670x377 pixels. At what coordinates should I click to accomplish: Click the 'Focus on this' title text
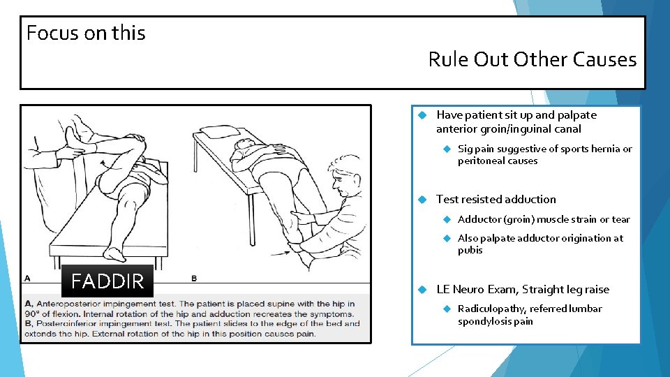pyautogui.click(x=86, y=33)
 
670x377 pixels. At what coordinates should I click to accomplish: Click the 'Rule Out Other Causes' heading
pyautogui.click(x=532, y=59)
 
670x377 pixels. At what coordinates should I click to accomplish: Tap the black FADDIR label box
pyautogui.click(x=107, y=281)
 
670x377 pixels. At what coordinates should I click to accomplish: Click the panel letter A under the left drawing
pyautogui.click(x=28, y=278)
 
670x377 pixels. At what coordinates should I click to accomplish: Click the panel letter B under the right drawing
pyautogui.click(x=195, y=278)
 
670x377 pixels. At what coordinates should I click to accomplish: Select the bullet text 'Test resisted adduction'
pyautogui.click(x=496, y=200)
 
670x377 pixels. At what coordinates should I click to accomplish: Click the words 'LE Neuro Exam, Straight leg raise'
pyautogui.click(x=522, y=290)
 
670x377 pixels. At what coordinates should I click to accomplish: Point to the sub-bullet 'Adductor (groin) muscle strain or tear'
pyautogui.click(x=543, y=219)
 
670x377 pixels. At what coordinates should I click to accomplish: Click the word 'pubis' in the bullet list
pyautogui.click(x=470, y=250)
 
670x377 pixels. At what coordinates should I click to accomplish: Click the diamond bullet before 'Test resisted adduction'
pyautogui.click(x=422, y=200)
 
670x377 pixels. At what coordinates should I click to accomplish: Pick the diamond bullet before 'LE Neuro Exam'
pyautogui.click(x=422, y=290)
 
